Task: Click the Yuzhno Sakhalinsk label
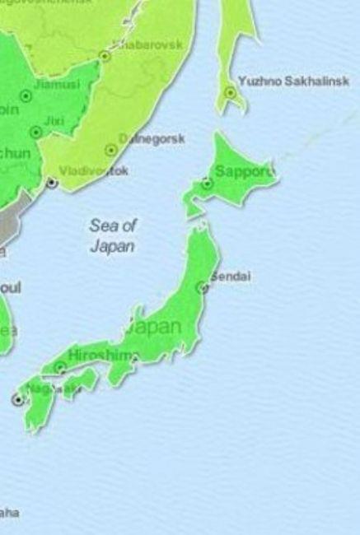(292, 81)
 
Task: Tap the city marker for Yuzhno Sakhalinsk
(230, 92)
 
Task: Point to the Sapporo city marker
(207, 184)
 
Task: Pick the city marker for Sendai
(202, 287)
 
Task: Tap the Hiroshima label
(103, 355)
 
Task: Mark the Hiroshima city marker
(60, 367)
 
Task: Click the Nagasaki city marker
(17, 399)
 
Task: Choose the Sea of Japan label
(113, 235)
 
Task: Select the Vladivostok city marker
(52, 182)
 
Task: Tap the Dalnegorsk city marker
(111, 151)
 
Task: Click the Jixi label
(54, 121)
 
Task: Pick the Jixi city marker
(35, 132)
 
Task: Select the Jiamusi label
(58, 84)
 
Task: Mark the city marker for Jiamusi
(26, 96)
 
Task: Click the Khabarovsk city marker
(105, 56)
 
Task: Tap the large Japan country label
(154, 327)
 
